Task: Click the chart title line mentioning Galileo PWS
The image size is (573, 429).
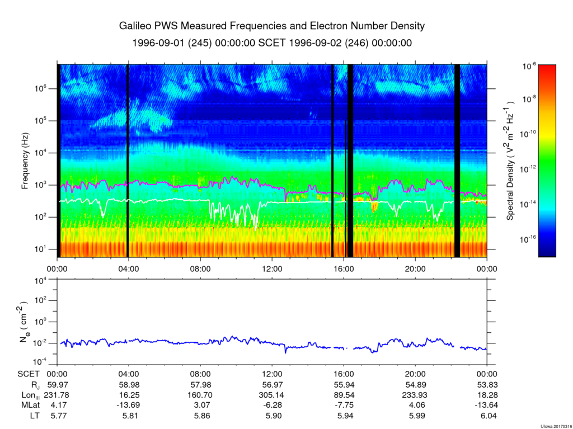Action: [x=272, y=26]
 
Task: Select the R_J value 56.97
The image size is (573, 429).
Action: [x=272, y=385]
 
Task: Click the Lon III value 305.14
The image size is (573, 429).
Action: [x=272, y=395]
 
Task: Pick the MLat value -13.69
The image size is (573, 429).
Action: [x=129, y=405]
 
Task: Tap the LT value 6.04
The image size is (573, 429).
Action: [x=487, y=415]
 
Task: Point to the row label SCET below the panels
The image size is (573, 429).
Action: [x=29, y=374]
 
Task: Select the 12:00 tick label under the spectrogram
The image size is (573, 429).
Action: [x=272, y=268]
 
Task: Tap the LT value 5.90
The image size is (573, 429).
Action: [x=272, y=415]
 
